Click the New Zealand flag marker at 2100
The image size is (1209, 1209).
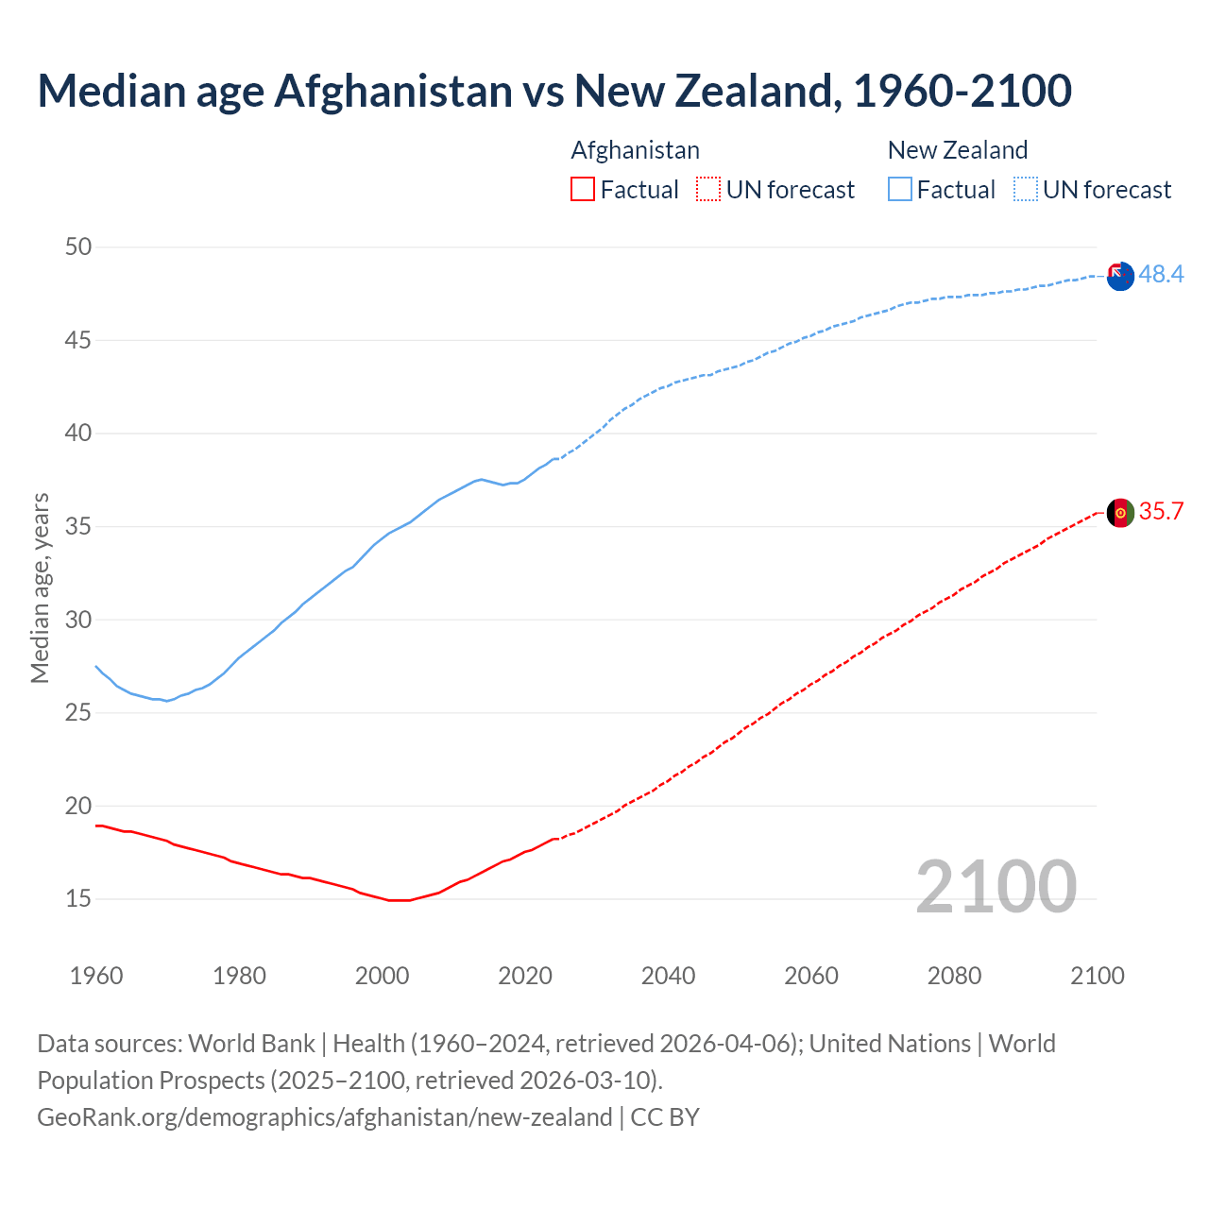click(1120, 277)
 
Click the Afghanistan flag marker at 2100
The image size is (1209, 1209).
click(1120, 513)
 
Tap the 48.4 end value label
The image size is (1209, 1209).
click(1161, 274)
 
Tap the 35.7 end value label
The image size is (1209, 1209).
click(1161, 511)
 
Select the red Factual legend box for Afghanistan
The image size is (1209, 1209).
click(583, 190)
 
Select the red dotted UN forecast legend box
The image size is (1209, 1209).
click(708, 190)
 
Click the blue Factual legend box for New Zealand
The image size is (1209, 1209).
click(899, 190)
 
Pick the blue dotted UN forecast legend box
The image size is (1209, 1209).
click(1025, 190)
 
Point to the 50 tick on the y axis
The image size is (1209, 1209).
click(78, 247)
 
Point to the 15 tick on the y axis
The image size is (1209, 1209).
click(78, 898)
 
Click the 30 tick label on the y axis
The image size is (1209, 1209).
click(78, 620)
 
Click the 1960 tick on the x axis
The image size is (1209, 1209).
click(96, 976)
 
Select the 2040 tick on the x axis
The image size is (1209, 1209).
click(668, 976)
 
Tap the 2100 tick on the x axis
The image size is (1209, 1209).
click(1098, 976)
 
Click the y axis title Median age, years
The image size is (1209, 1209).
click(40, 587)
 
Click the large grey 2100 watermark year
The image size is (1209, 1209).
click(996, 886)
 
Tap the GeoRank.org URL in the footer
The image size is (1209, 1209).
click(324, 1117)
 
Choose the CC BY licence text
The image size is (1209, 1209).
click(665, 1117)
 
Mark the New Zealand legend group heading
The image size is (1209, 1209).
click(957, 150)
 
